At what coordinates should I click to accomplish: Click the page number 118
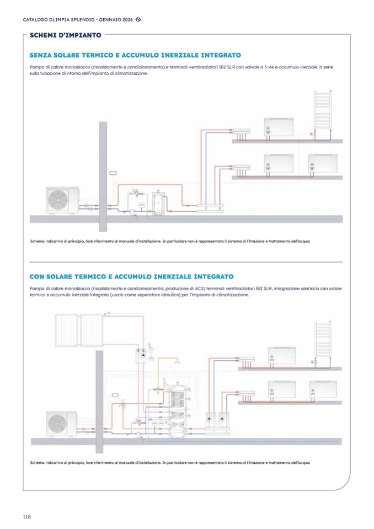coord(26,516)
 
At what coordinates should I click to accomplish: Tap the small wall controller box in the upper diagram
coord(113,173)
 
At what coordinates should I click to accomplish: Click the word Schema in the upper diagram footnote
coord(37,241)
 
